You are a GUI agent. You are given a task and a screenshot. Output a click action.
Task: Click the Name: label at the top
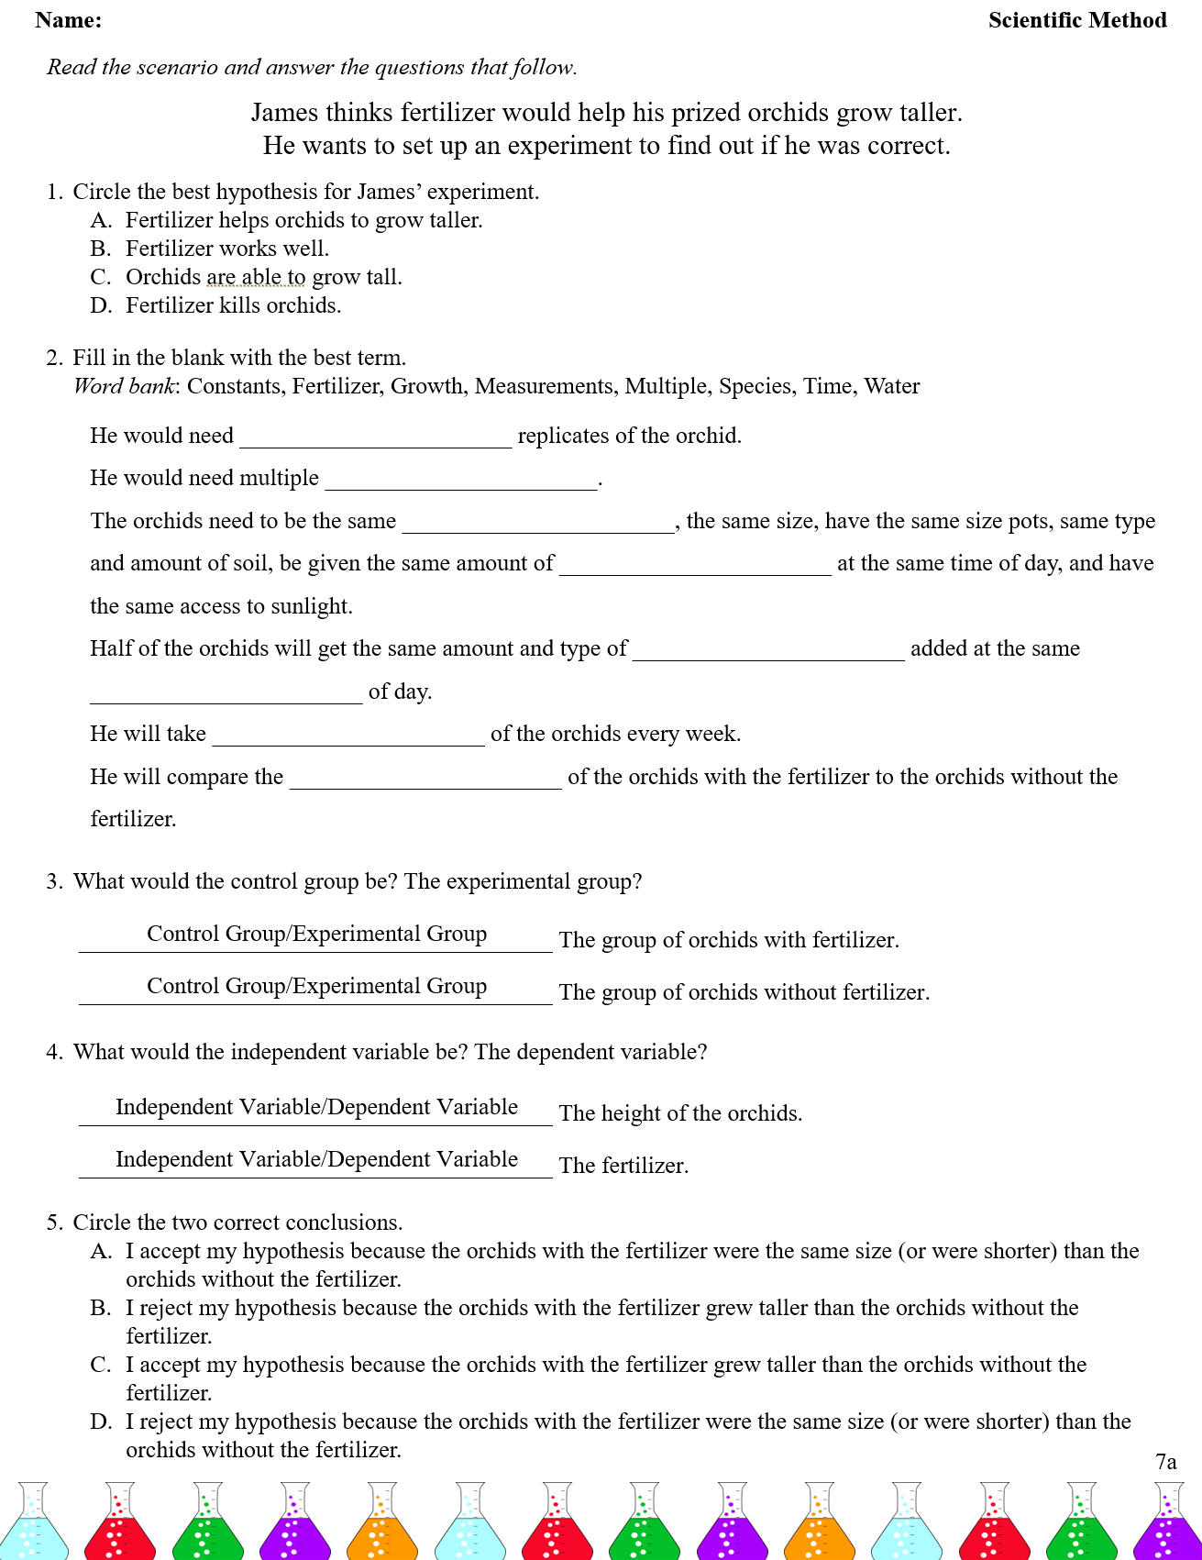pyautogui.click(x=69, y=20)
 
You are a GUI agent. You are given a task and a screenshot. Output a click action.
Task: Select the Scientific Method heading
pyautogui.click(x=1076, y=20)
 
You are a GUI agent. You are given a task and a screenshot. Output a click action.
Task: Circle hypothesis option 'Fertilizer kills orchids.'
pyautogui.click(x=233, y=305)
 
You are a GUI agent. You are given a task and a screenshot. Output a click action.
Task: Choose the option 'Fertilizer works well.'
pyautogui.click(x=226, y=249)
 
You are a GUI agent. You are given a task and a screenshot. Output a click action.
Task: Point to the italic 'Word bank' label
pyautogui.click(x=125, y=386)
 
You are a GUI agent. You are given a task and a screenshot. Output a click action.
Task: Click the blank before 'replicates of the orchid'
pyautogui.click(x=375, y=438)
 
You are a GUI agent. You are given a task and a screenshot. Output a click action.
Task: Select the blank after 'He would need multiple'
pyautogui.click(x=461, y=481)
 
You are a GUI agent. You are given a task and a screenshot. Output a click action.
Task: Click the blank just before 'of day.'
pyautogui.click(x=226, y=694)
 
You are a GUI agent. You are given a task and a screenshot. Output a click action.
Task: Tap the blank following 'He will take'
pyautogui.click(x=348, y=736)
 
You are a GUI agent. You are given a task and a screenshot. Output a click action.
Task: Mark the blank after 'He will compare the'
pyautogui.click(x=425, y=780)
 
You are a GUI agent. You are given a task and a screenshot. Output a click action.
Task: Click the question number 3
pyautogui.click(x=54, y=881)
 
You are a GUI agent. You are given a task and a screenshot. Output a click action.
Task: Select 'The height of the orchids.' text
pyautogui.click(x=680, y=1113)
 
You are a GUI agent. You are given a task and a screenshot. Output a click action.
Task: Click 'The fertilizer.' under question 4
pyautogui.click(x=623, y=1166)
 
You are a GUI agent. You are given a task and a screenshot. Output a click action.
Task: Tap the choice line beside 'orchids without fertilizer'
pyautogui.click(x=315, y=987)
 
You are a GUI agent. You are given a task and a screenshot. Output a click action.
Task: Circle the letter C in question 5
pyautogui.click(x=100, y=1365)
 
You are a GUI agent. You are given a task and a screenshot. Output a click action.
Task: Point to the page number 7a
pyautogui.click(x=1165, y=1462)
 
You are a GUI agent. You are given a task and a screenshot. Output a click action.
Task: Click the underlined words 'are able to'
pyautogui.click(x=256, y=277)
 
